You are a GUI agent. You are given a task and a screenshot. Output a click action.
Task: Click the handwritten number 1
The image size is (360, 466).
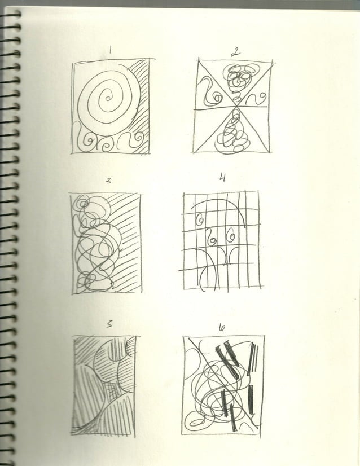111,50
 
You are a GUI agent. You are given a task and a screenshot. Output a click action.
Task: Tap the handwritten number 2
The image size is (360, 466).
235,53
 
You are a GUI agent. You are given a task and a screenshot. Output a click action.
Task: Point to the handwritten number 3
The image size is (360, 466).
108,182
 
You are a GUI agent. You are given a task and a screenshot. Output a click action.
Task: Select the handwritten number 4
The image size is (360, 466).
222,178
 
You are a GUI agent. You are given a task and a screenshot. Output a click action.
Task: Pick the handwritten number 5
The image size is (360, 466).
109,324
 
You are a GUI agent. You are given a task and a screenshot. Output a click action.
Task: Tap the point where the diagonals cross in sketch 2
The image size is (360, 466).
232,105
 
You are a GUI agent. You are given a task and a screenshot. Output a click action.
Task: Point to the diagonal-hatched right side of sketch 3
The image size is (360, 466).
125,243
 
